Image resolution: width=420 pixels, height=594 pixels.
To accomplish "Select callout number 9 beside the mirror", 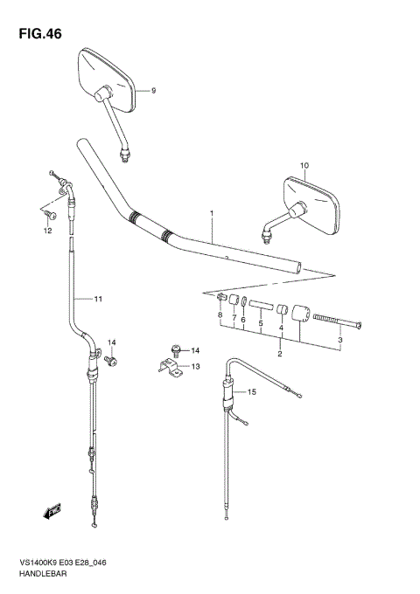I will (152, 91).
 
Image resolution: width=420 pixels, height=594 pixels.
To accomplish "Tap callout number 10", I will (304, 165).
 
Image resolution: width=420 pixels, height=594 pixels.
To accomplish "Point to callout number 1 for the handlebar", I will (211, 212).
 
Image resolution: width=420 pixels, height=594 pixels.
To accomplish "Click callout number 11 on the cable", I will (98, 300).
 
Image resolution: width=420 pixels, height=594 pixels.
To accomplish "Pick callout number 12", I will (48, 231).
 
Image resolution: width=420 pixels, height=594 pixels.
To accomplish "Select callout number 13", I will (195, 367).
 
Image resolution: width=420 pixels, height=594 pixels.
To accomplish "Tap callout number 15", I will (251, 392).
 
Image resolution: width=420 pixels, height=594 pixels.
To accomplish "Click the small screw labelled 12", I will (50, 212).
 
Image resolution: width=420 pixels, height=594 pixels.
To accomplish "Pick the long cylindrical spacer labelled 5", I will (260, 307).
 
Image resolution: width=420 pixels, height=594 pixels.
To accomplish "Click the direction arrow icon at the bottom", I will (52, 509).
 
